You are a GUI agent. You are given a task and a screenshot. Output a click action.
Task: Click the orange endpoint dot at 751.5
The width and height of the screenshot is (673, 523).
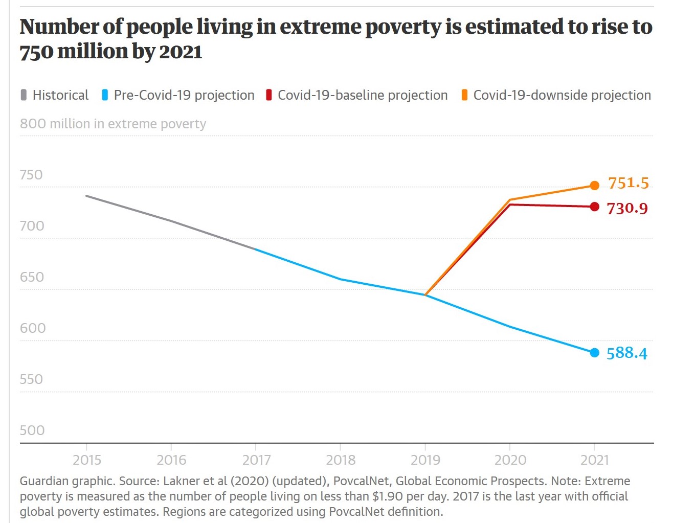(x=594, y=186)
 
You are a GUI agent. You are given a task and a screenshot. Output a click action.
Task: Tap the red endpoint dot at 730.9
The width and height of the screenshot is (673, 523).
(x=594, y=207)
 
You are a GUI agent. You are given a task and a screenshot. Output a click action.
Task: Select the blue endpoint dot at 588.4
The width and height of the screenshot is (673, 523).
(x=594, y=353)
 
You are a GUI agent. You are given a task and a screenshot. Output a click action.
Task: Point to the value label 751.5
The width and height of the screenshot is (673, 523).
(x=628, y=183)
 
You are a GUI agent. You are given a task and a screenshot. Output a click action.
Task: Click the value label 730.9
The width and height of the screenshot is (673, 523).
(x=627, y=209)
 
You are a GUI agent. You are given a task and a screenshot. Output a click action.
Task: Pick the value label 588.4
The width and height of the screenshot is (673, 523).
(x=626, y=353)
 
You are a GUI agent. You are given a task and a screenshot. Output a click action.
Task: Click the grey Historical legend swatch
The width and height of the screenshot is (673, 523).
(x=24, y=95)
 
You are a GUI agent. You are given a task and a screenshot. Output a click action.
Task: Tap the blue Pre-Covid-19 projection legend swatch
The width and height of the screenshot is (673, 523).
(x=105, y=95)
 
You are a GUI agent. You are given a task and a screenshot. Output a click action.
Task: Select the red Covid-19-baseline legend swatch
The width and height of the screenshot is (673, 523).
(x=268, y=95)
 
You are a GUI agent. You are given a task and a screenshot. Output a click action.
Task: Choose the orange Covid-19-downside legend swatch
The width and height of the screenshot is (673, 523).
(x=464, y=95)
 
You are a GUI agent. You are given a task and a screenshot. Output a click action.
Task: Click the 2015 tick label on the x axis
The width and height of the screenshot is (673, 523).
(x=87, y=460)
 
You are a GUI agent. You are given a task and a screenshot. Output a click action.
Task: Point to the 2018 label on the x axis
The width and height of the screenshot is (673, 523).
(x=341, y=460)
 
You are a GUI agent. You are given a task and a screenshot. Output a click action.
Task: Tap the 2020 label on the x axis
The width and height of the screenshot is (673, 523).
(x=510, y=460)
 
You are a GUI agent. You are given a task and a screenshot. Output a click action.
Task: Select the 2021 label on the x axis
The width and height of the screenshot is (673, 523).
(x=595, y=460)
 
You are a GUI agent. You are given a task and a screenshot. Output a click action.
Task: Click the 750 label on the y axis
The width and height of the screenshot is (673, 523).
(x=31, y=175)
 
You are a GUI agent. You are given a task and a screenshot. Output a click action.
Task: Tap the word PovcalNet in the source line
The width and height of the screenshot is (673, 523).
(x=361, y=481)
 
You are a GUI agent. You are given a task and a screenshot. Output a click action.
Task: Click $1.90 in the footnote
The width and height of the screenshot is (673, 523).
(x=388, y=496)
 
